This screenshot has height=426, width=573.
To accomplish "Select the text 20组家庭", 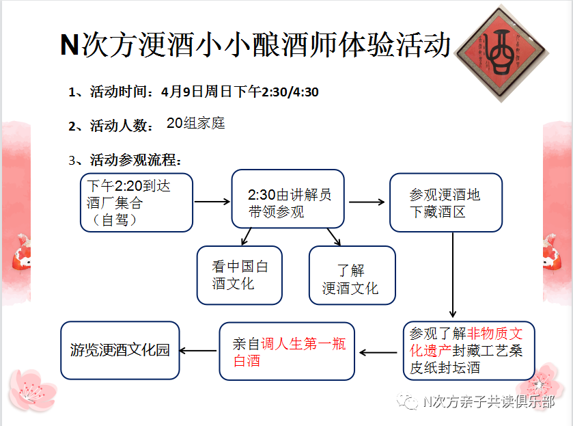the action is click(x=195, y=123).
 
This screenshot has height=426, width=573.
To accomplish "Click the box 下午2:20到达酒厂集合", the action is click(x=136, y=202).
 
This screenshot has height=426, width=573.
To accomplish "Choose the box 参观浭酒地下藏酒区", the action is click(x=445, y=202).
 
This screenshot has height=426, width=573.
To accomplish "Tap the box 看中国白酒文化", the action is click(x=239, y=274).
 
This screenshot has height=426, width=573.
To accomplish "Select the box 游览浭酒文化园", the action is click(x=120, y=350).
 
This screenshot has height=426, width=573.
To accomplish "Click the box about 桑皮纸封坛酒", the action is click(x=469, y=350).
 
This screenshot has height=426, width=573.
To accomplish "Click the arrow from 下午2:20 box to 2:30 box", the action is click(x=212, y=202).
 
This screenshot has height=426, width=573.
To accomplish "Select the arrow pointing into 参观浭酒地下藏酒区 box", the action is click(x=367, y=202).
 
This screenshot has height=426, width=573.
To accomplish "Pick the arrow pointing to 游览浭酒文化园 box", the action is click(x=199, y=351).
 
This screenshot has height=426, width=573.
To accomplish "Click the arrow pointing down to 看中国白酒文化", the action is click(x=246, y=237).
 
